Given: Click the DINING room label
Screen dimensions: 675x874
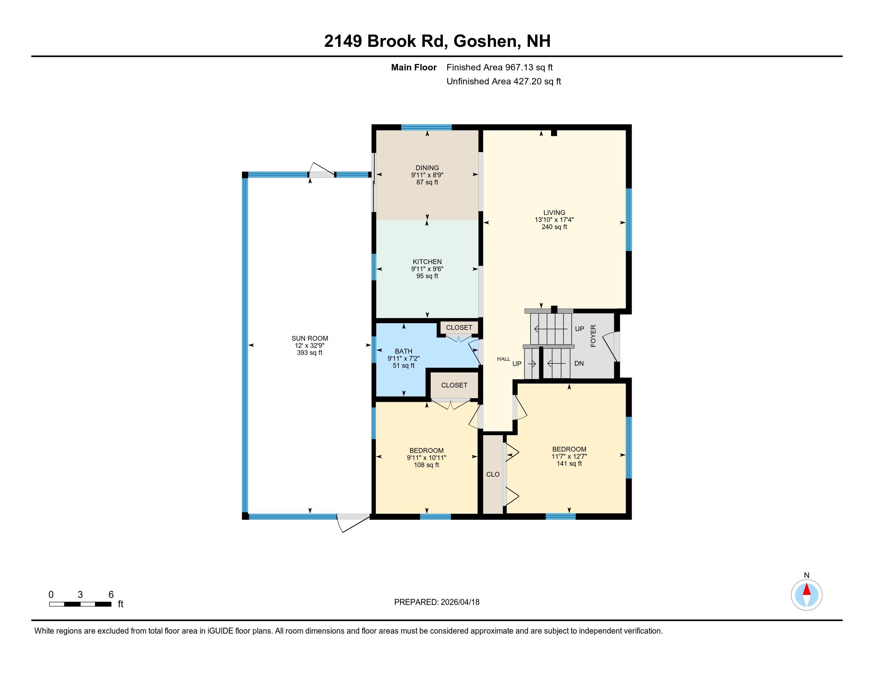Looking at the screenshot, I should (427, 168).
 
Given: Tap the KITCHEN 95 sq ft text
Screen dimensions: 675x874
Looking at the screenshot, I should (427, 276).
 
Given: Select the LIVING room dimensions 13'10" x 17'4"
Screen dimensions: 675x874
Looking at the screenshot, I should (554, 220).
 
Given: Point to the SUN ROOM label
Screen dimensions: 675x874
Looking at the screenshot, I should (309, 338).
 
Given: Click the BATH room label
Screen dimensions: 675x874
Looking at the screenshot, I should (403, 351).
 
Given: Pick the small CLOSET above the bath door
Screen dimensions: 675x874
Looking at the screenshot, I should (459, 328).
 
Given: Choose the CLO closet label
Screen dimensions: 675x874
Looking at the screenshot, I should (493, 474).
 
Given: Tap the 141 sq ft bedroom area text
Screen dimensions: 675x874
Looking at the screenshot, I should (569, 463).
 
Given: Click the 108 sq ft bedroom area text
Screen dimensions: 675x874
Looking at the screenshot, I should (427, 465).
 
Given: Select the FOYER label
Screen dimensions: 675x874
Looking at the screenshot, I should (593, 336).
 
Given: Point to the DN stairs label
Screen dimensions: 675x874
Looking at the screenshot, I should (579, 363).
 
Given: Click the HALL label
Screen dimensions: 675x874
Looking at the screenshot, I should (503, 359).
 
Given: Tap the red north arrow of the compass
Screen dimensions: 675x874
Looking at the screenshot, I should (807, 590).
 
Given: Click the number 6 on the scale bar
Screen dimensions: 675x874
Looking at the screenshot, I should (111, 595).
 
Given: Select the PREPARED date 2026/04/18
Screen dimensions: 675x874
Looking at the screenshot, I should (459, 602).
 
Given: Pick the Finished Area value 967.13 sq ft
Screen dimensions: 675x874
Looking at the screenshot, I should (529, 67).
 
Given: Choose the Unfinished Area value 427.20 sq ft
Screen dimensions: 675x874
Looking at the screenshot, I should (537, 81).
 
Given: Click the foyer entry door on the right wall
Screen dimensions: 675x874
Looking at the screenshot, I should (611, 346).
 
